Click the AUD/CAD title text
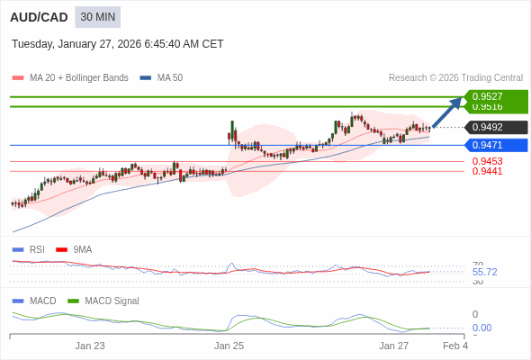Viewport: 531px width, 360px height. point(38,17)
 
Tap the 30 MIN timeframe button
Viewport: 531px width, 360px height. point(97,17)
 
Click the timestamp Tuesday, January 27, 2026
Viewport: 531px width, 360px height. point(118,44)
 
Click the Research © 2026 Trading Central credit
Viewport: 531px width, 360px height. point(455,78)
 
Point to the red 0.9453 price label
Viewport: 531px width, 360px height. point(487,161)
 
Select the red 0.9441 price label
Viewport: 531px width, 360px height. point(487,171)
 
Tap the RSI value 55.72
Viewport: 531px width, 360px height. point(484,272)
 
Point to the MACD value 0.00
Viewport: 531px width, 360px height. point(481,328)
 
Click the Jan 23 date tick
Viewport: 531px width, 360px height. point(90,346)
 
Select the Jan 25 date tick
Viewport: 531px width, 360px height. point(229,346)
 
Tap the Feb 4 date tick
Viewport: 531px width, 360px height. point(455,346)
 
